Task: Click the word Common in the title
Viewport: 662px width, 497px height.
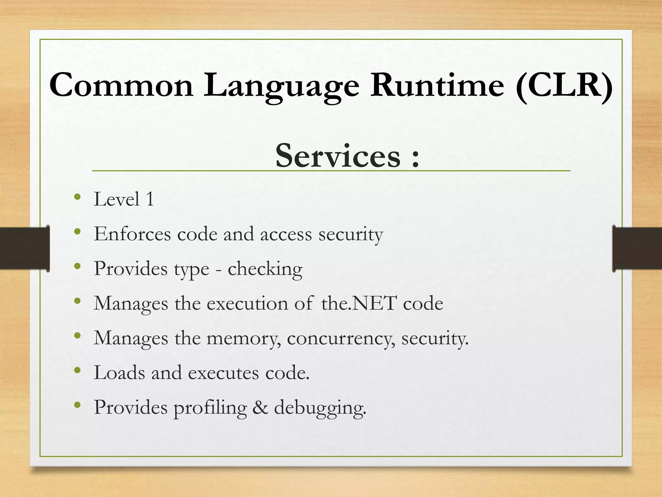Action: pyautogui.click(x=121, y=85)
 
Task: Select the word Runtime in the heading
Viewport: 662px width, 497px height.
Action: pyautogui.click(x=437, y=85)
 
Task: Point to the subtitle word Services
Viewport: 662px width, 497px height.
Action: pyautogui.click(x=338, y=156)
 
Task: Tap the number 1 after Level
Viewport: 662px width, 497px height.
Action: pyautogui.click(x=150, y=199)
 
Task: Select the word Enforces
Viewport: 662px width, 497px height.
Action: pyautogui.click(x=132, y=234)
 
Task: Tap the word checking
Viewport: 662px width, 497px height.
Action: pyautogui.click(x=265, y=269)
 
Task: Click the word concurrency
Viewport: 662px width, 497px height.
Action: pyautogui.click(x=341, y=339)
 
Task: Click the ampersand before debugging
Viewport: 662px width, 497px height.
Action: pyautogui.click(x=260, y=407)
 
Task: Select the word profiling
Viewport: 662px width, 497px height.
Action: pyautogui.click(x=210, y=408)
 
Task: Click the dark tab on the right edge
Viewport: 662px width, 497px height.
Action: pyautogui.click(x=637, y=248)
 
